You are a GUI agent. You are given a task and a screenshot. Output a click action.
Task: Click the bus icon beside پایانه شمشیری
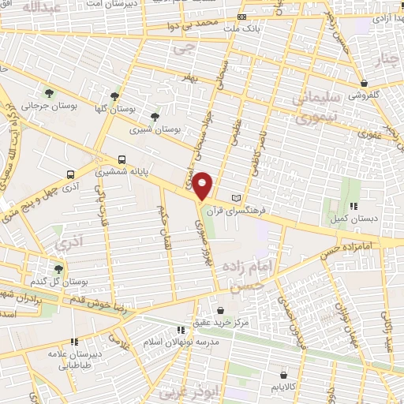click(x=121, y=159)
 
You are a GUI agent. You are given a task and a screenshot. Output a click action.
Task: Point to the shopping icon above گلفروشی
click(x=364, y=83)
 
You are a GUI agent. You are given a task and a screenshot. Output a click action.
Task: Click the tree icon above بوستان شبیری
click(x=155, y=116)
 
